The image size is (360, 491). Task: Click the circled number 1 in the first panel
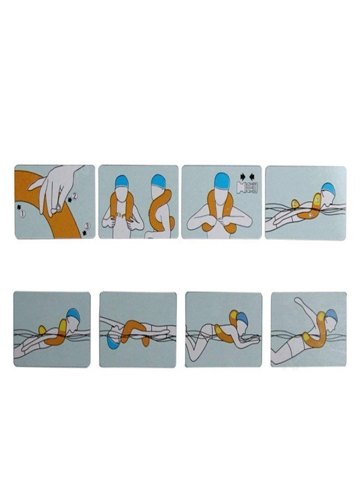(22, 214)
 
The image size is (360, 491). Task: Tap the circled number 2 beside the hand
(76, 194)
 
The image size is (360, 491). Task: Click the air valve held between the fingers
(57, 207)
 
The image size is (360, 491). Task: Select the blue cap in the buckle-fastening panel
(221, 179)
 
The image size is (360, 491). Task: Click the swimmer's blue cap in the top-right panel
(328, 188)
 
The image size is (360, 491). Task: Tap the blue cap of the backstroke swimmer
(113, 343)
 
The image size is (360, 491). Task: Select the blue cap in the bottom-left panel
(73, 316)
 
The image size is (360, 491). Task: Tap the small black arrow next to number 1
(21, 207)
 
